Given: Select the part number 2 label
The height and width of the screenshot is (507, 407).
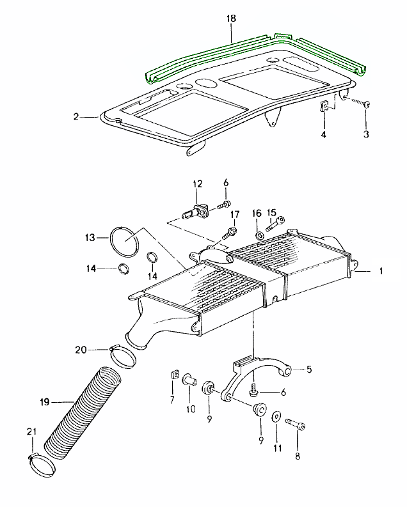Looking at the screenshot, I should tap(76, 117).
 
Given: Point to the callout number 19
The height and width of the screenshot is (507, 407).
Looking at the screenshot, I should tap(44, 402).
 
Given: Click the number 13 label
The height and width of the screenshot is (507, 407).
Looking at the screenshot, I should tap(89, 238).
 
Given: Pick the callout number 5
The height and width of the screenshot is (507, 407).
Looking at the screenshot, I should tap(309, 369).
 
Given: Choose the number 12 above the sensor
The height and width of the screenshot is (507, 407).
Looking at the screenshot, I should tap(198, 184).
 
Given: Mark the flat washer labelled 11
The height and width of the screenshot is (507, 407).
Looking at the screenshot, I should tap(276, 416).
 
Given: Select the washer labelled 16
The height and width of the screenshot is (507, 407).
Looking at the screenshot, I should tap(259, 236).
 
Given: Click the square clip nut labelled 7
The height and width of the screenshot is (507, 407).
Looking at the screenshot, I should tap(173, 375).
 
